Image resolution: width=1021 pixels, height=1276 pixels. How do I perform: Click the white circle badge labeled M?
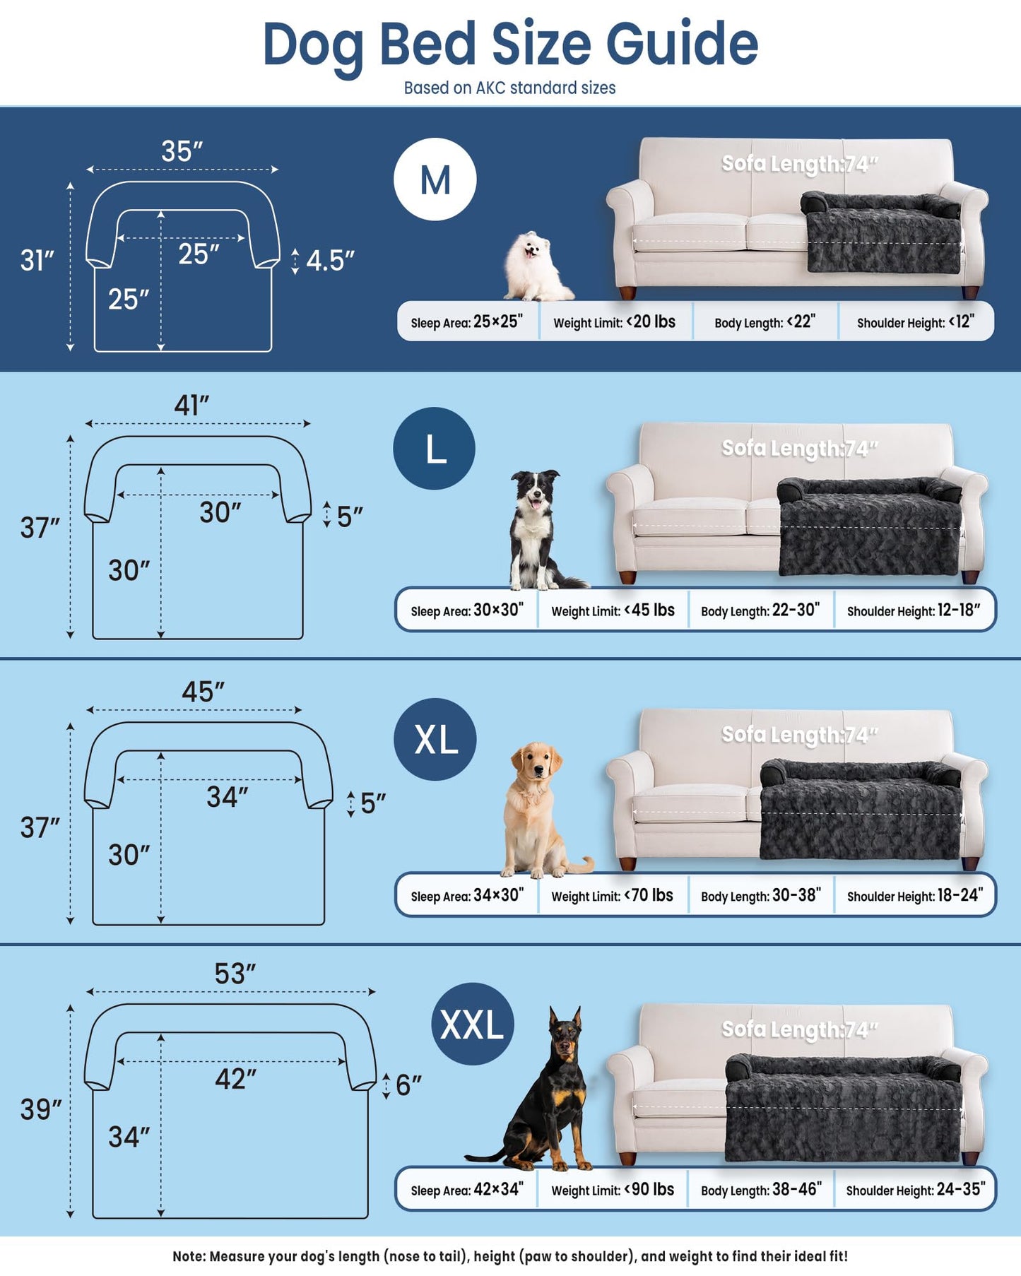(x=435, y=179)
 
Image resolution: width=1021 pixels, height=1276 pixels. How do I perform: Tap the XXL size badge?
(x=472, y=1024)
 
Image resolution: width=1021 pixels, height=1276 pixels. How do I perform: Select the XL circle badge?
(x=435, y=739)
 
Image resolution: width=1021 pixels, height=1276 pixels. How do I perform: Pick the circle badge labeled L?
(x=435, y=449)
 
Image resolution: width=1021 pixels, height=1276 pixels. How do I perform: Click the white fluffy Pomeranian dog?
(x=534, y=267)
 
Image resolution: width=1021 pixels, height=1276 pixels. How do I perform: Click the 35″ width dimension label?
(x=182, y=151)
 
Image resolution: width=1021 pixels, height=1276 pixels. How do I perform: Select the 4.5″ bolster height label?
(x=329, y=261)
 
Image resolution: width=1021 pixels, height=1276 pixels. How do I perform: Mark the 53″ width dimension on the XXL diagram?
(x=235, y=974)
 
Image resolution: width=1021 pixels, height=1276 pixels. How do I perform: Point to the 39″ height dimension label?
(x=41, y=1109)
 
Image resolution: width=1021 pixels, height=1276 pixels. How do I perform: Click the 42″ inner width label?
(x=235, y=1079)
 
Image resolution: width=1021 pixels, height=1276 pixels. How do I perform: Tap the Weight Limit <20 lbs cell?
(x=614, y=322)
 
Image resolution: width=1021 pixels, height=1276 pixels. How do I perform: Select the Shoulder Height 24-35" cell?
(x=914, y=1190)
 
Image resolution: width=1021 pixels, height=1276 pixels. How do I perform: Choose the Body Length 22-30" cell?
(x=760, y=610)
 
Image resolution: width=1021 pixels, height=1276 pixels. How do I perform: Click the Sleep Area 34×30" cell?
(x=467, y=896)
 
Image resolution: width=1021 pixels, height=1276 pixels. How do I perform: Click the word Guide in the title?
(x=682, y=44)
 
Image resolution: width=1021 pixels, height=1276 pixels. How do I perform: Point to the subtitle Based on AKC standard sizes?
(x=509, y=88)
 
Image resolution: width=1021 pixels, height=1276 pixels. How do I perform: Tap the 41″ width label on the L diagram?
(x=191, y=406)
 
